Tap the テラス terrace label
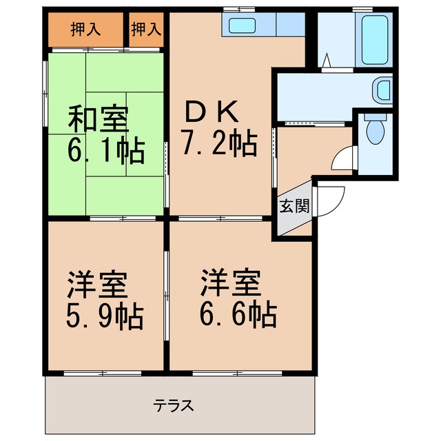click(173, 405)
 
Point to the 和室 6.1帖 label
click(105, 135)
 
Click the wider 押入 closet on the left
click(85, 29)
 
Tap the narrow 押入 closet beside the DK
click(146, 29)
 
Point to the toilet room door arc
click(342, 159)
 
